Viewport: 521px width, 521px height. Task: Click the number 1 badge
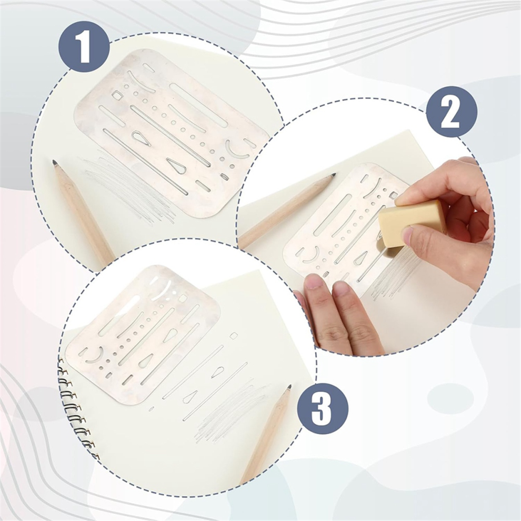tap(84, 46)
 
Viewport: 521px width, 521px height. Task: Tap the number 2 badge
tap(452, 112)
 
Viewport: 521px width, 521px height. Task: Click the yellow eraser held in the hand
tap(412, 222)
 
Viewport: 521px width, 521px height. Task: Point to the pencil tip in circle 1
tap(55, 163)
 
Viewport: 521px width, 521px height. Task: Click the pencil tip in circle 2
tap(333, 175)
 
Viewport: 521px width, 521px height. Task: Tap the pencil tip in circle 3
tap(289, 387)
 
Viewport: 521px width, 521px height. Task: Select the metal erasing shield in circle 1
tap(172, 133)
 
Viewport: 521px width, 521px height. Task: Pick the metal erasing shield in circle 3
tap(143, 334)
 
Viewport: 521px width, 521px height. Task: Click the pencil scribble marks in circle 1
tap(129, 186)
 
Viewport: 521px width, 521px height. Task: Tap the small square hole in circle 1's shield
tap(117, 96)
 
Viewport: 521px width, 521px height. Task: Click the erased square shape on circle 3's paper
tap(234, 336)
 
